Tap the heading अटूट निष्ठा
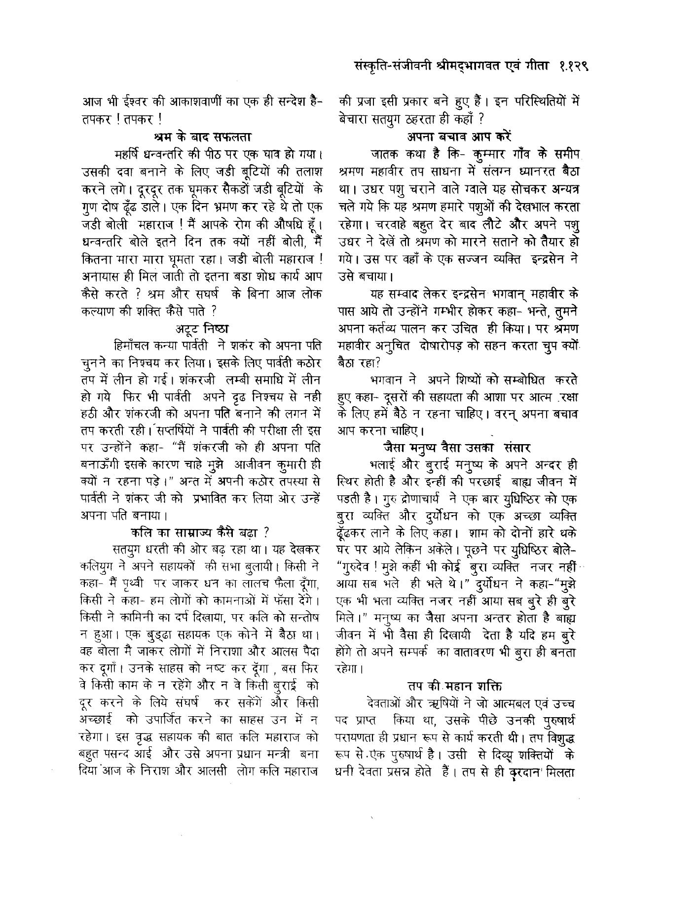pos(202,327)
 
